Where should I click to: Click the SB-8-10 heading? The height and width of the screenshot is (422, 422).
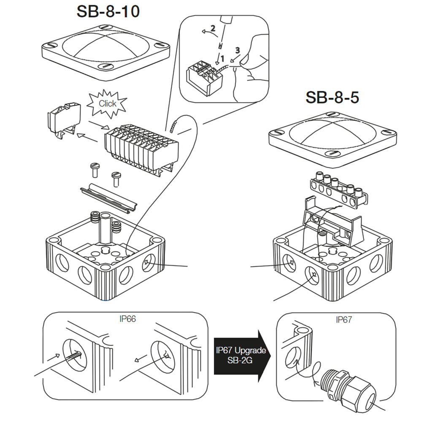pyautogui.click(x=108, y=12)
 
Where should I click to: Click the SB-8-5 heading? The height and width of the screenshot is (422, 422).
pyautogui.click(x=332, y=97)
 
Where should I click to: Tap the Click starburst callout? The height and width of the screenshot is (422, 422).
pyautogui.click(x=107, y=103)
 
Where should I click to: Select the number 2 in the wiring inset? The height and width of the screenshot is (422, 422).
pyautogui.click(x=213, y=29)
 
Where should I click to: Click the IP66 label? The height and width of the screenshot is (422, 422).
pyautogui.click(x=127, y=319)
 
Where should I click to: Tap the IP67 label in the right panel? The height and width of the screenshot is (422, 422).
pyautogui.click(x=344, y=319)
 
